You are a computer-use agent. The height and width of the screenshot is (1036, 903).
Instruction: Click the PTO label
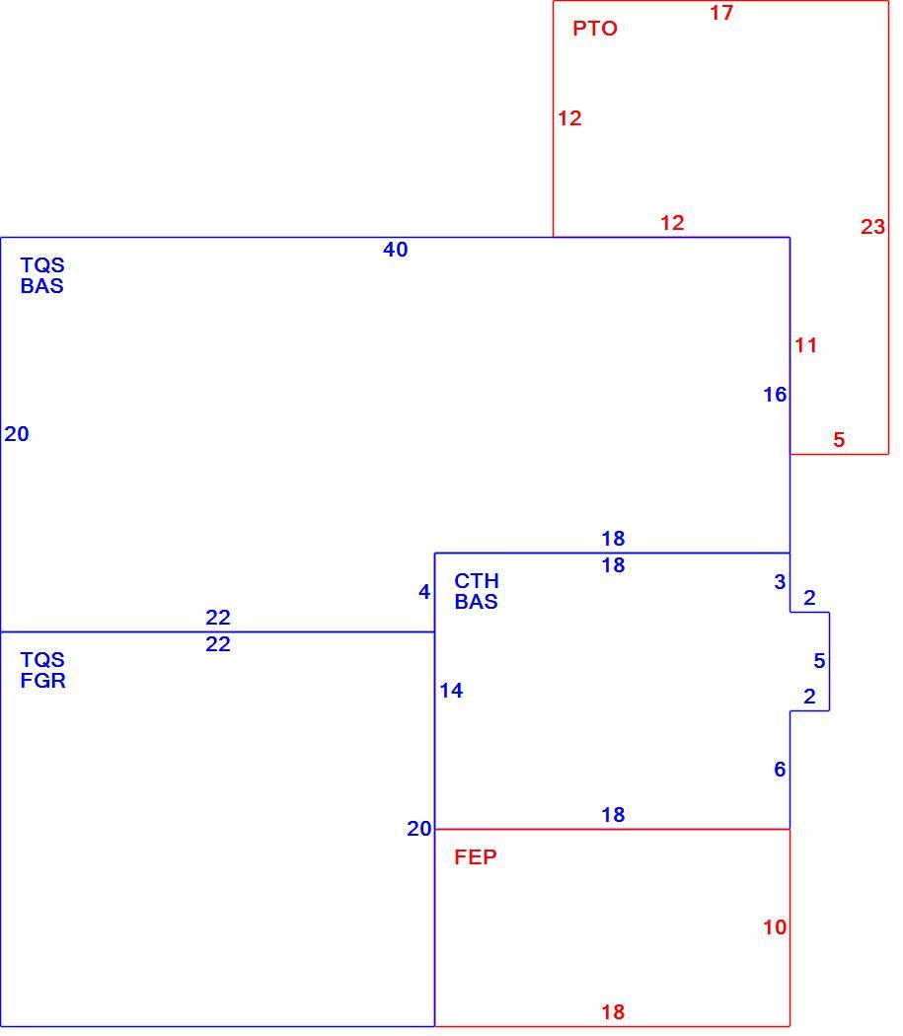coord(594,29)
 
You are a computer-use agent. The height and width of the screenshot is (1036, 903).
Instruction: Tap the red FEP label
coord(476,857)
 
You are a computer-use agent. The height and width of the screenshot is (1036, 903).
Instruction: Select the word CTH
coord(476,581)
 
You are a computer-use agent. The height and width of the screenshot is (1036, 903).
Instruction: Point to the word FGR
coord(43,681)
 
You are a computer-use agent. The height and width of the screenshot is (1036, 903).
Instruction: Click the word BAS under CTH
coord(476,602)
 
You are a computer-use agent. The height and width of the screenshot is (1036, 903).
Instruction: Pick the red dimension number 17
coord(721,13)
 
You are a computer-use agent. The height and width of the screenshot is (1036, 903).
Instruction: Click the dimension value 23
coord(872,227)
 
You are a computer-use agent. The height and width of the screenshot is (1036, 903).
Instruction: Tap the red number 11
coord(806,345)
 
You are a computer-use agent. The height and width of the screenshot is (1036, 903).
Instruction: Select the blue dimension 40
coord(396,250)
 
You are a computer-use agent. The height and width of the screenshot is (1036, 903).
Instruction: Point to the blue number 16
coord(775,395)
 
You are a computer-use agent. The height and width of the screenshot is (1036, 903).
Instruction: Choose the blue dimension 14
coord(452,691)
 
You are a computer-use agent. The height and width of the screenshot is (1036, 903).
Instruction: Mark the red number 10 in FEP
coord(775,927)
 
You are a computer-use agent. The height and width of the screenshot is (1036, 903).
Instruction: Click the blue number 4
coord(424,591)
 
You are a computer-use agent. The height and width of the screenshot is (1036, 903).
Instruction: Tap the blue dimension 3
coord(780,581)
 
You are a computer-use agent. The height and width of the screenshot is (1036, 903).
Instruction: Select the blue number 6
coord(780,769)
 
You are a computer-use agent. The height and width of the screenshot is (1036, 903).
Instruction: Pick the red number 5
coord(839,439)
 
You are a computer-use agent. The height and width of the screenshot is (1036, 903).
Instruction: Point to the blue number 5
coord(820,660)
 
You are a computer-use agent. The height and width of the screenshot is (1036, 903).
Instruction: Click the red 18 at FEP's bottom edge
coord(613,1011)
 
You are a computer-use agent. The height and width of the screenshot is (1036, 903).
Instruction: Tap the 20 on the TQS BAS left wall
coord(17,433)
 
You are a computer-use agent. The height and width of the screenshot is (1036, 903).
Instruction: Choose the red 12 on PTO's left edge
coord(569,118)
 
